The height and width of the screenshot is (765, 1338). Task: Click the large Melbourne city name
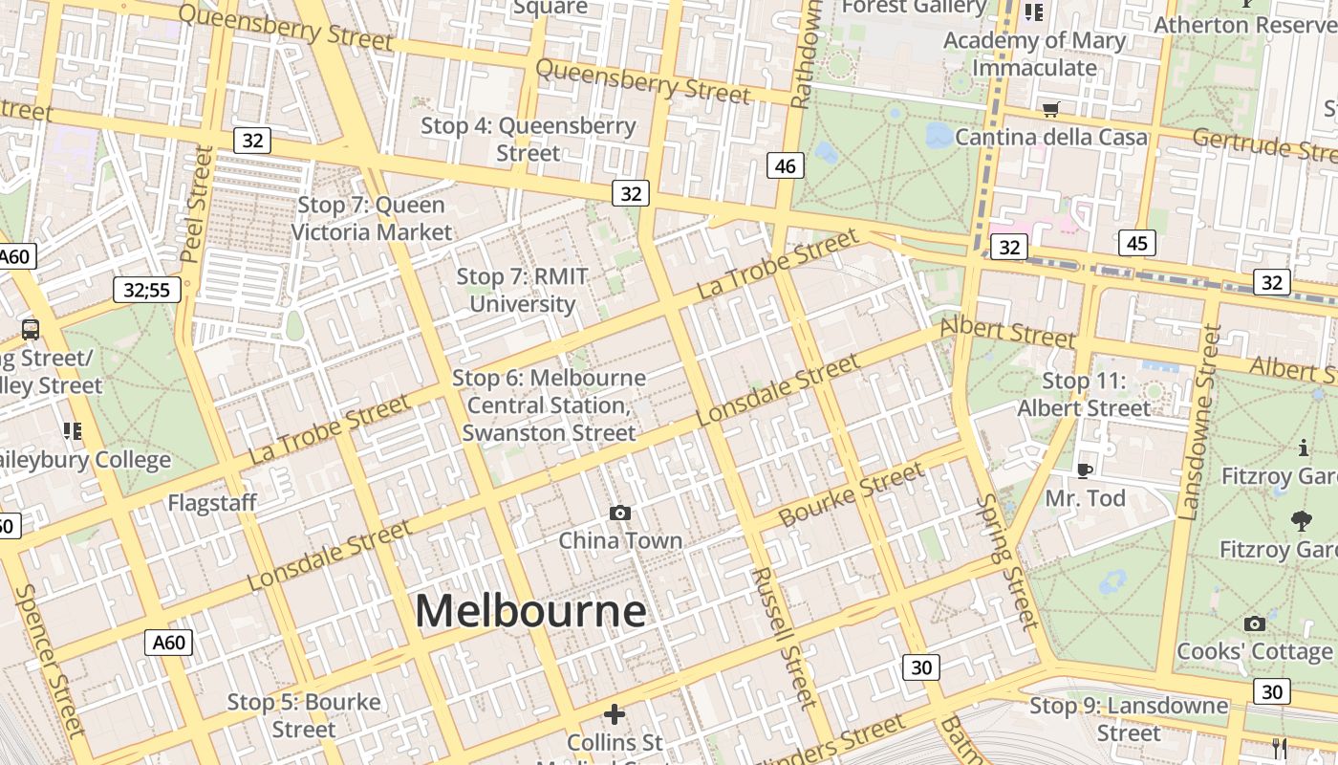pyautogui.click(x=530, y=611)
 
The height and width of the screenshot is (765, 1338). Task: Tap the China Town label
pyautogui.click(x=620, y=540)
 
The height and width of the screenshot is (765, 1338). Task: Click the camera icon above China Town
pyautogui.click(x=620, y=514)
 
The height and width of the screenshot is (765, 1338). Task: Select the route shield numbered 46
pyautogui.click(x=785, y=166)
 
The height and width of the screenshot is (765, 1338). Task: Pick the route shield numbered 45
pyautogui.click(x=1136, y=243)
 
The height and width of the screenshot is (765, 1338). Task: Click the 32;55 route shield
pyautogui.click(x=147, y=289)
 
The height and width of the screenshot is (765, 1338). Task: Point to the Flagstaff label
pyautogui.click(x=212, y=503)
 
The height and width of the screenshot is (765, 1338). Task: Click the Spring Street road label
pyautogui.click(x=1007, y=562)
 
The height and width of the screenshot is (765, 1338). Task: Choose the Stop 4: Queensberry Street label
pyautogui.click(x=529, y=139)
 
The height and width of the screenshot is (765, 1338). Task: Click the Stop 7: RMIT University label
pyautogui.click(x=522, y=291)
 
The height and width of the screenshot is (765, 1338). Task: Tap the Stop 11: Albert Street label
pyautogui.click(x=1084, y=395)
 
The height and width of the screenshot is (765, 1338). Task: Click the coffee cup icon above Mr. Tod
pyautogui.click(x=1084, y=470)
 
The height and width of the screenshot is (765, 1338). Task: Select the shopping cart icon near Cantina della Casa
pyautogui.click(x=1051, y=110)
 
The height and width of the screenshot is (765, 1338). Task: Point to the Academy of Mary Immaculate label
pyautogui.click(x=1034, y=55)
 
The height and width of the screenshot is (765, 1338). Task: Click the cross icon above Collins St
pyautogui.click(x=615, y=714)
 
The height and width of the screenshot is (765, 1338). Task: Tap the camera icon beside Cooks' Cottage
pyautogui.click(x=1255, y=624)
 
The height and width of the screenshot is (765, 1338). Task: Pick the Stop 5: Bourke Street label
pyautogui.click(x=304, y=715)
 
